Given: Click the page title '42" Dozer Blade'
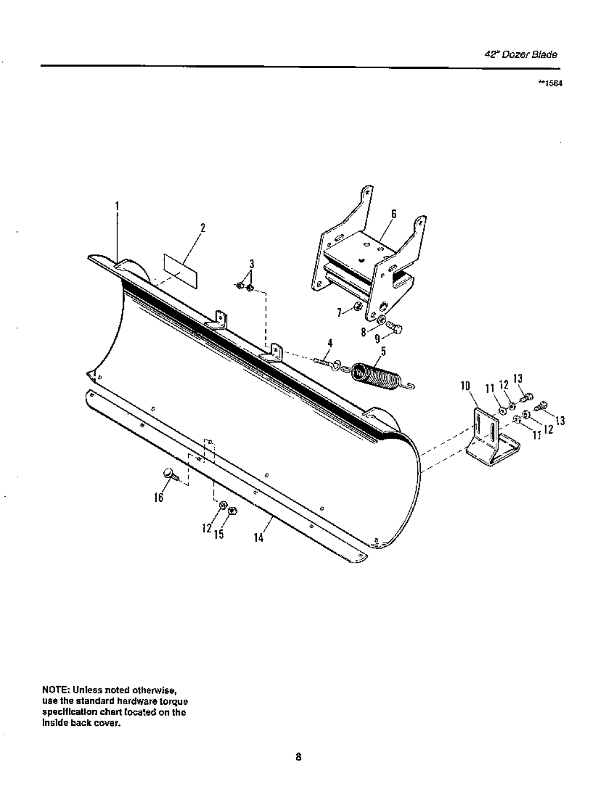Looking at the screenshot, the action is click(521, 55).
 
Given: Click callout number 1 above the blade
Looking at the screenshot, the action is click(117, 206).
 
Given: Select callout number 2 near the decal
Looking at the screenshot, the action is click(201, 228).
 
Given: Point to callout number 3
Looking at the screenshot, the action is click(250, 264).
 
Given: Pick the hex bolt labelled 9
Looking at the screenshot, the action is click(396, 327).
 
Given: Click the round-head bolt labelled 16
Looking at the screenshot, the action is click(169, 473).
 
